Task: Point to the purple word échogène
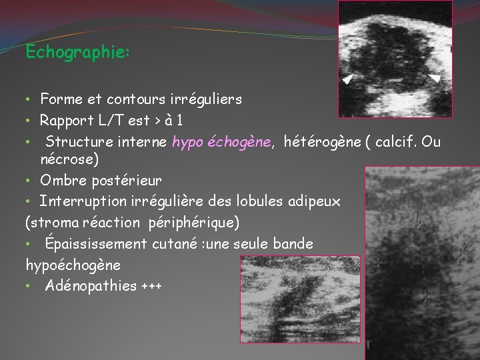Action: tap(241, 141)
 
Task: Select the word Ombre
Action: tap(61, 180)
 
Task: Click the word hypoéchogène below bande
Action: tap(73, 265)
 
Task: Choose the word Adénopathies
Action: tap(91, 287)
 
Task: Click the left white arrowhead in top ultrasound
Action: tap(348, 79)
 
